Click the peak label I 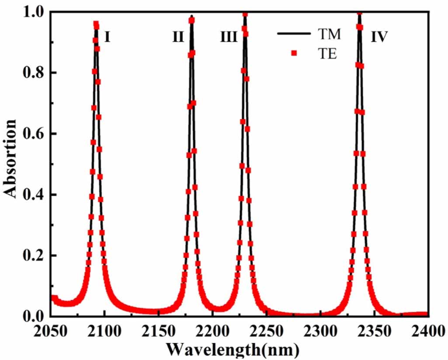pyautogui.click(x=107, y=37)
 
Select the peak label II pyautogui.click(x=178, y=37)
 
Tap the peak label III pyautogui.click(x=229, y=38)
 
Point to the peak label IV pyautogui.click(x=379, y=38)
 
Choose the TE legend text pyautogui.click(x=326, y=54)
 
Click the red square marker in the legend pyautogui.click(x=294, y=53)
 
